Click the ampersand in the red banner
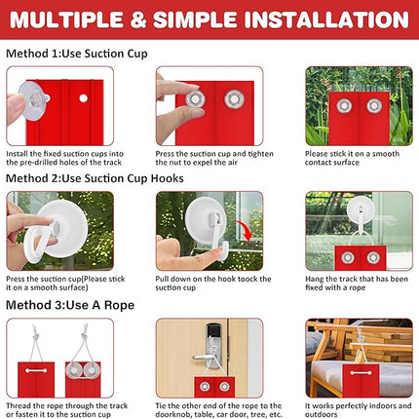point(138,19)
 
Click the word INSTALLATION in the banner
point(326,19)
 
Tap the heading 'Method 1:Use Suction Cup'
point(77,54)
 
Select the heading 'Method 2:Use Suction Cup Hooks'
point(95,178)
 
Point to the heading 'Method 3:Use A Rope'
point(70,305)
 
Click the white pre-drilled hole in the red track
point(83,98)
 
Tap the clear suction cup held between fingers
point(33,100)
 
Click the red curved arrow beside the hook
point(245,231)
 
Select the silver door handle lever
point(203,358)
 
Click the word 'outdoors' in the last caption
point(321,414)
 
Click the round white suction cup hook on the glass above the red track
point(360,209)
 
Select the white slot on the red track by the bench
point(361,372)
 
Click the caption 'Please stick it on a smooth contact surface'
point(352,158)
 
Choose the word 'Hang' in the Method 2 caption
point(315,279)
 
